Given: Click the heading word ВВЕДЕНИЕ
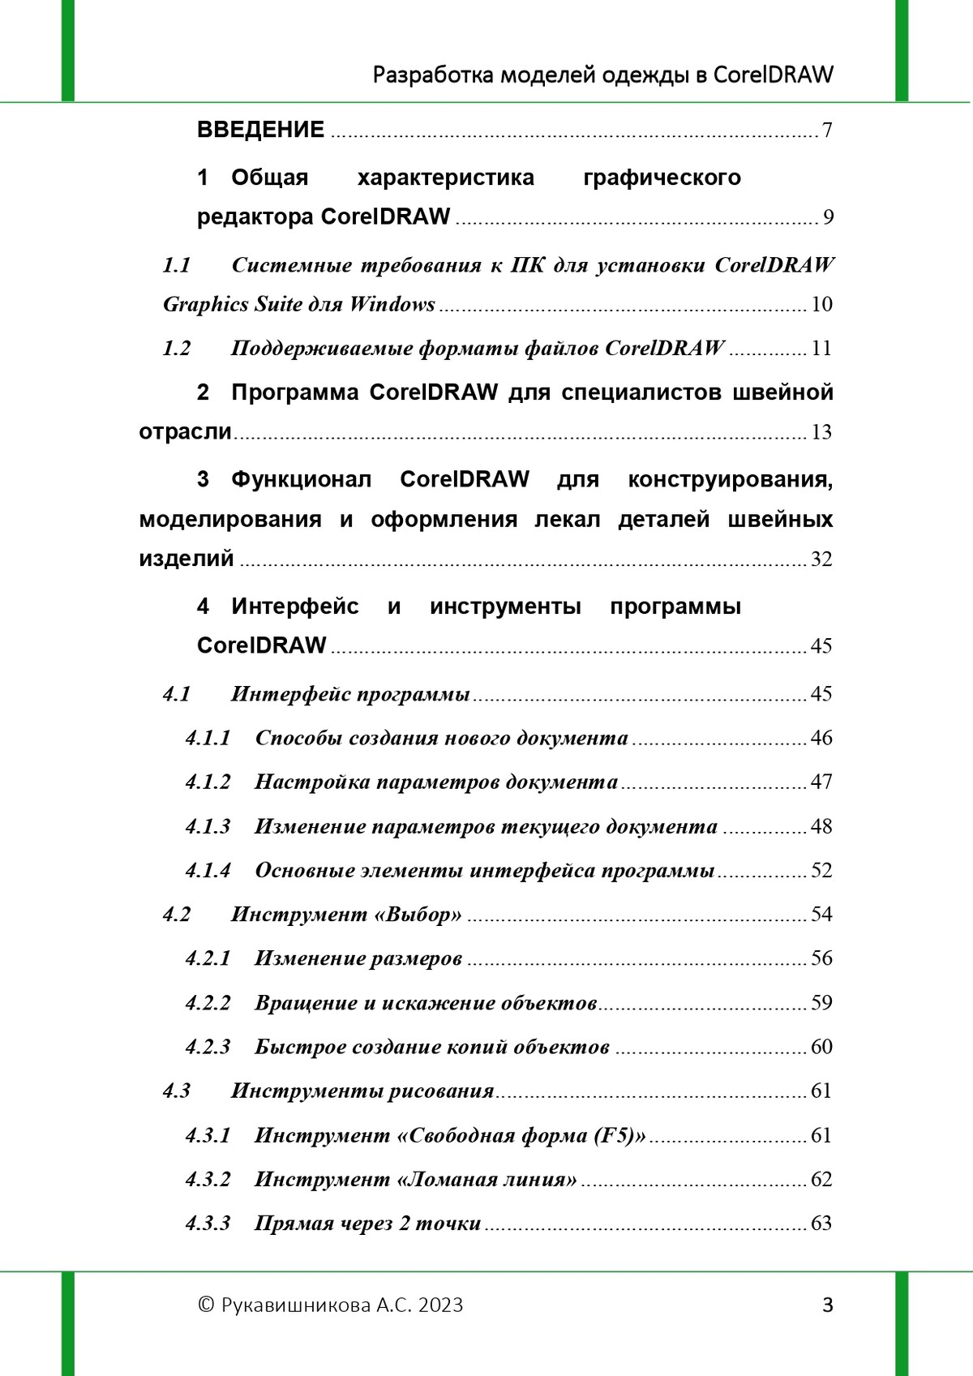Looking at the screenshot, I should [260, 130].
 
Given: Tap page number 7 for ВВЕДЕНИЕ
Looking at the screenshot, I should [826, 131].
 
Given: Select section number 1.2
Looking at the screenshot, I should [177, 348].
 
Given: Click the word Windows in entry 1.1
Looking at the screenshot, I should [392, 304].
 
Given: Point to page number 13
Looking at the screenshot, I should [821, 432].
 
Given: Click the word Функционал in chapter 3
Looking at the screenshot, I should [301, 479].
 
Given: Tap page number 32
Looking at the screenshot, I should [821, 559].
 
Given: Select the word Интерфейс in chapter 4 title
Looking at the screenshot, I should [294, 606].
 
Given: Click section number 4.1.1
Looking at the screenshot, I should [208, 738].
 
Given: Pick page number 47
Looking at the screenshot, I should [821, 782].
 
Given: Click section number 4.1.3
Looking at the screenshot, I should [208, 826].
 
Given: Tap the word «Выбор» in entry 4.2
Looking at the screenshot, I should [418, 915].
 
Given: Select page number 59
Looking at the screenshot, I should [821, 1003].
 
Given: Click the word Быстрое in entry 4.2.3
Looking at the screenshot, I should [289, 1047].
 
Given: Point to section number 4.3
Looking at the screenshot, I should [177, 1091].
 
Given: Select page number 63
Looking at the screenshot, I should [821, 1223].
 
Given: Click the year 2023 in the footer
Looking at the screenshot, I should [441, 1305].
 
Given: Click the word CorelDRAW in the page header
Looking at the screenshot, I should [773, 75].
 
